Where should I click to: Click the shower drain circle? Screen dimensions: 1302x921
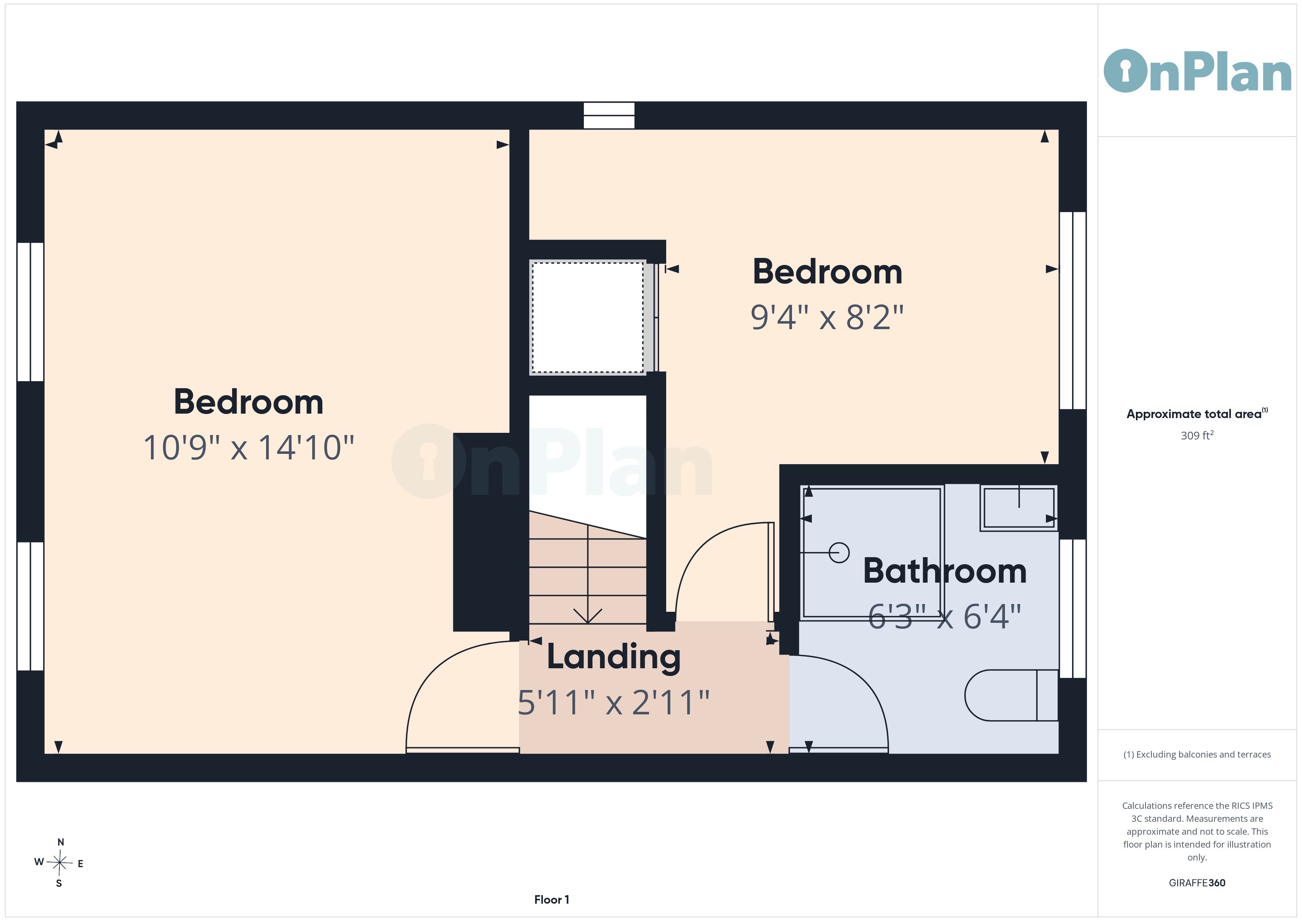[839, 552]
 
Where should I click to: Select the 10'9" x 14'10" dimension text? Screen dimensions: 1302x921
[248, 448]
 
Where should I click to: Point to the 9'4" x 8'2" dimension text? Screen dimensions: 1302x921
[827, 317]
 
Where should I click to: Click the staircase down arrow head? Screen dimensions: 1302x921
[588, 617]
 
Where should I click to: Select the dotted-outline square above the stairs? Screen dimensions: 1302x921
[588, 317]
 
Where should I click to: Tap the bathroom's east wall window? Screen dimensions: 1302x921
[1073, 608]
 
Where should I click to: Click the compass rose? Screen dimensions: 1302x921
[59, 863]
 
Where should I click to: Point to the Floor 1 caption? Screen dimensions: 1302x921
[552, 900]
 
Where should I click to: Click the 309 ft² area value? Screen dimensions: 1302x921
[1197, 435]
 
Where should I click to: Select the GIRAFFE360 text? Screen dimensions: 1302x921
[1197, 883]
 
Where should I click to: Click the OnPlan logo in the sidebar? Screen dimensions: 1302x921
[1197, 71]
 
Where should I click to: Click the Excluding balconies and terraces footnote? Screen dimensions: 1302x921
[1197, 754]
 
